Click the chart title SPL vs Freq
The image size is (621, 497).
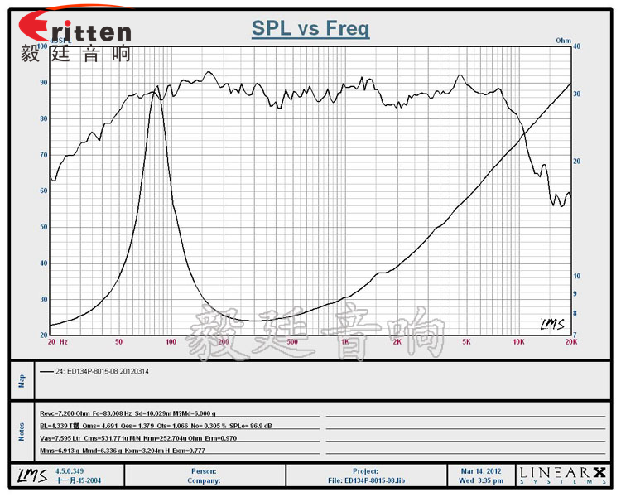pos(310,28)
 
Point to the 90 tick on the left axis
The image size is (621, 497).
pos(42,83)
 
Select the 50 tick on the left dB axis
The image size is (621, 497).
pos(42,227)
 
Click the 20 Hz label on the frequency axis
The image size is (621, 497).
pos(57,341)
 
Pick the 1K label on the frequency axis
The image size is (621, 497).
pos(344,341)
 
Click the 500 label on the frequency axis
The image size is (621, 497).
pos(291,341)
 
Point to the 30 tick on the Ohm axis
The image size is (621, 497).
pos(577,94)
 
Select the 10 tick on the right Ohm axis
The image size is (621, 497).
pos(577,276)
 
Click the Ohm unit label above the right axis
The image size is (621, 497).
pos(564,40)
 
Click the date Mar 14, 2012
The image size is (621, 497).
pos(481,471)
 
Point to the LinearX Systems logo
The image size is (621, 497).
pos(562,475)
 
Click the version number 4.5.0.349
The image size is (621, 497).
pos(71,471)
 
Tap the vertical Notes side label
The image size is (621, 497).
pos(22,432)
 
